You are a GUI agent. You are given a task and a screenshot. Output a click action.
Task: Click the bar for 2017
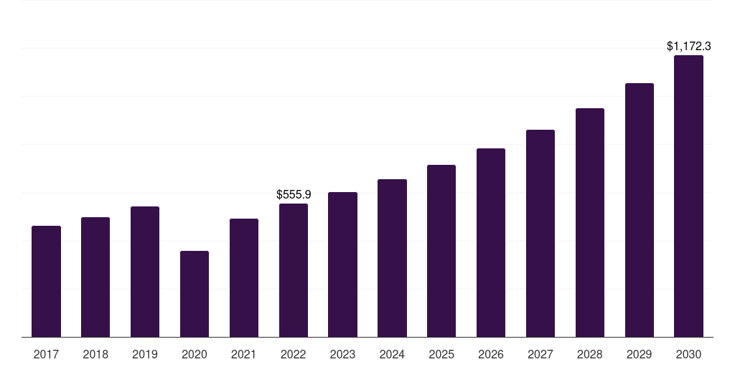coord(46,281)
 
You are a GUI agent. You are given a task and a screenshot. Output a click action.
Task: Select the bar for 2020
coord(195,294)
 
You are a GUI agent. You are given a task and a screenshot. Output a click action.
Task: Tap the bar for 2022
coord(294,270)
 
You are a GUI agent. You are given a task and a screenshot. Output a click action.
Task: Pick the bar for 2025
coord(441,251)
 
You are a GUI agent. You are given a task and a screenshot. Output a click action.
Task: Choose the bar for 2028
coord(590,222)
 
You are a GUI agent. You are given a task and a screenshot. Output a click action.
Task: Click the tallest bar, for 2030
coord(688,196)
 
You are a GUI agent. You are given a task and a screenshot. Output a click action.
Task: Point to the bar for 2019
coord(145,272)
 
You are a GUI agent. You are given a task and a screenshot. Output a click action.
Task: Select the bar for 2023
coord(342,264)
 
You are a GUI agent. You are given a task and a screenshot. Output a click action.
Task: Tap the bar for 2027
coord(540,233)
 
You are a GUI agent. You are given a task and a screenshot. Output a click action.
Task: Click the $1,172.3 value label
coord(688,47)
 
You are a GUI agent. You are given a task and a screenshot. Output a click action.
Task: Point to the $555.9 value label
coord(294,195)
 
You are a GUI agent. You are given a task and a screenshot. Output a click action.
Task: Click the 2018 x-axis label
coord(95,354)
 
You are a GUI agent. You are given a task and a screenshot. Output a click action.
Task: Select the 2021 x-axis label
coord(244,354)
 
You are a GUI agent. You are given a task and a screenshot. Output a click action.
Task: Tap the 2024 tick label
coord(392,354)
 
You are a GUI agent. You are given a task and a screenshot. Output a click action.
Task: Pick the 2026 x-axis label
coord(491,354)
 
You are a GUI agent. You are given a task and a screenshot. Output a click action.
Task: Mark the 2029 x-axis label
coord(639,354)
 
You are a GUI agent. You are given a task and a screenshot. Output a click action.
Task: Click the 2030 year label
coord(688,354)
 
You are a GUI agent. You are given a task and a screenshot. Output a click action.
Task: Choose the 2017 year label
coord(46,354)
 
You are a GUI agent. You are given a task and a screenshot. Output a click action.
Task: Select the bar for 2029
coord(639,210)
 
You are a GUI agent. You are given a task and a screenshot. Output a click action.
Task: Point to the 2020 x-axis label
coord(195,354)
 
